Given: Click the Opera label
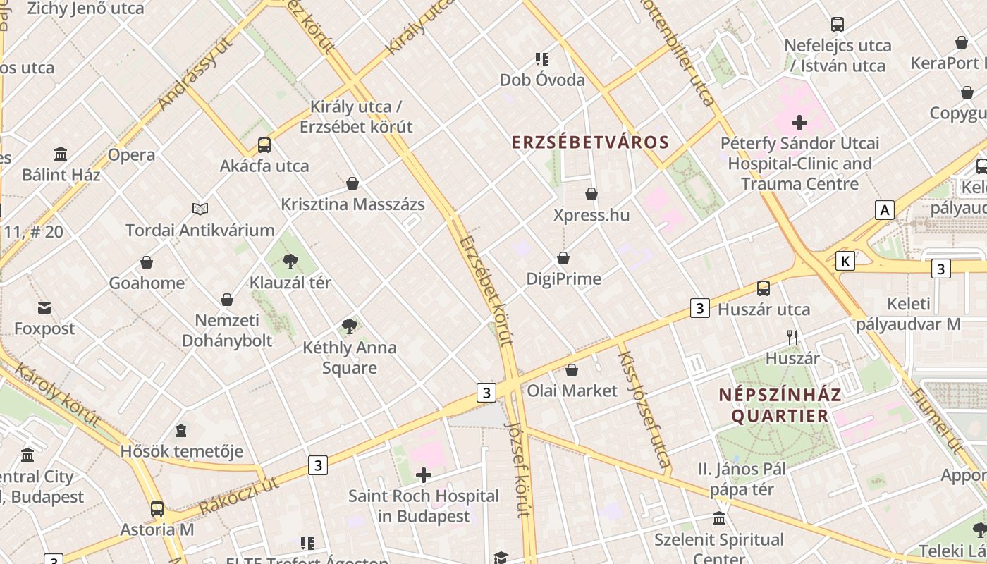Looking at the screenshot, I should (x=132, y=155).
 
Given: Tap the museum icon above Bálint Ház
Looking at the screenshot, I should (x=61, y=154).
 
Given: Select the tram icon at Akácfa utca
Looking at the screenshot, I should (x=264, y=145).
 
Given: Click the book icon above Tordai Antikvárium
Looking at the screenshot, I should (x=200, y=209).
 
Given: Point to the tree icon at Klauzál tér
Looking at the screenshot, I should (x=290, y=262).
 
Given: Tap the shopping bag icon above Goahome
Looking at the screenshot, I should (x=147, y=262).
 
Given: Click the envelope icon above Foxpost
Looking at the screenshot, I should (x=44, y=307).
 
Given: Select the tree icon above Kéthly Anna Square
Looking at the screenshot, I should (x=349, y=326).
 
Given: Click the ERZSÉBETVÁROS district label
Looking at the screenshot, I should (x=590, y=142).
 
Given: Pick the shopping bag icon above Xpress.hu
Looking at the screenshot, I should (x=591, y=194).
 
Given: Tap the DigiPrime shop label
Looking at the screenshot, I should (x=564, y=279).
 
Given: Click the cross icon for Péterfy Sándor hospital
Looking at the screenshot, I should (x=799, y=123).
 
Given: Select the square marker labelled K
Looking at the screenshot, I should (x=845, y=262).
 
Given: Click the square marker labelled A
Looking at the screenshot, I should (x=884, y=209).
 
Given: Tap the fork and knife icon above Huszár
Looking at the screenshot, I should (x=792, y=338).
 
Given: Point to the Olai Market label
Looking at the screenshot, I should (x=572, y=391).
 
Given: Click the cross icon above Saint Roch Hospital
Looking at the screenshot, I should (x=424, y=475).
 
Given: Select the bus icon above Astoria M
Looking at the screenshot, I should (x=157, y=508).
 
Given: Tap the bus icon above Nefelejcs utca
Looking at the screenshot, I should (x=838, y=25).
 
